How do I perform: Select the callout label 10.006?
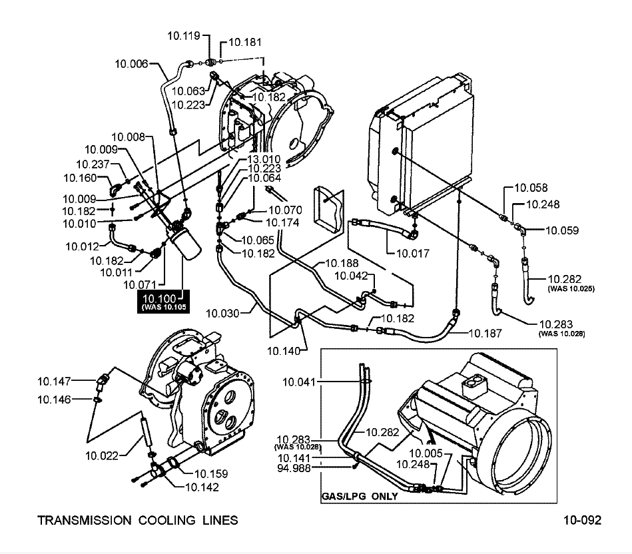(131, 64)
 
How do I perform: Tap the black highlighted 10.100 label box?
(162, 301)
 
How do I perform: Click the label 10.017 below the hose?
(414, 253)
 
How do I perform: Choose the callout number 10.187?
(485, 332)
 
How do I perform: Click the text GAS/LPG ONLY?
(360, 496)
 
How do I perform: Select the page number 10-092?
(581, 520)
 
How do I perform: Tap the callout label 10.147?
(54, 381)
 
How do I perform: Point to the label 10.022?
(102, 455)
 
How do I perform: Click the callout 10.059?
(562, 230)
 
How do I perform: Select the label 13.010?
(264, 160)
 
